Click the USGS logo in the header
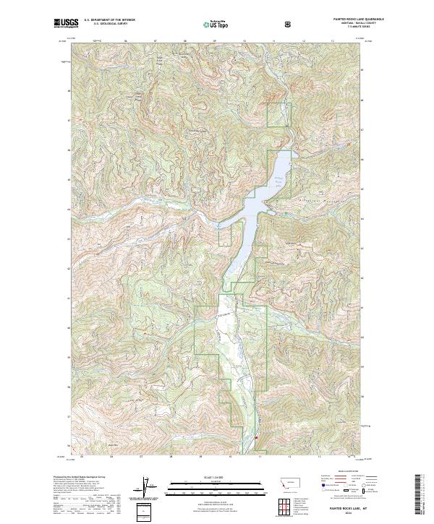coord(66,24)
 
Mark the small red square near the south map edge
coord(255,436)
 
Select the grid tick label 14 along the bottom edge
coord(349,457)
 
